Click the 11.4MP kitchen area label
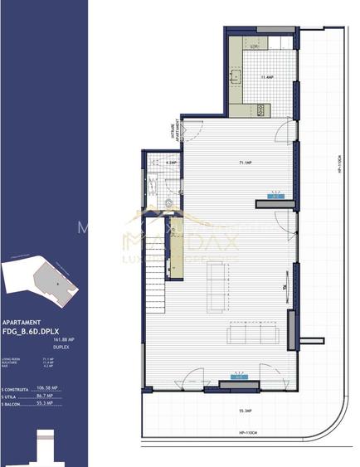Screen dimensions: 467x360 (266, 78)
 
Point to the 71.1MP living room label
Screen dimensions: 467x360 (246, 163)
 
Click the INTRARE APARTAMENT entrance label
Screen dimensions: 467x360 (176, 132)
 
